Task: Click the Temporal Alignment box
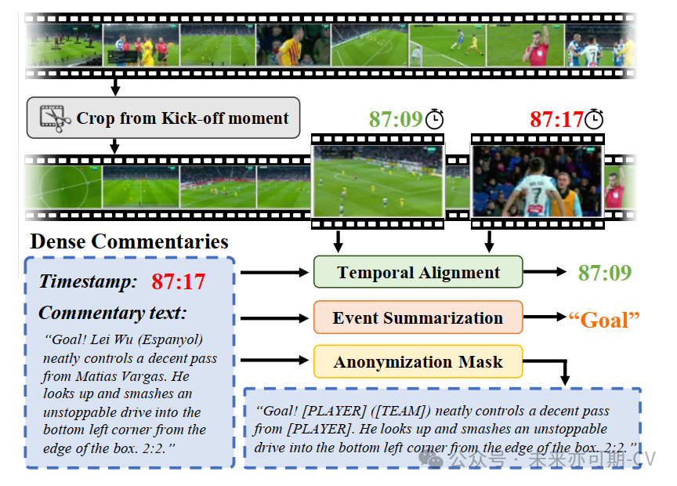(x=418, y=272)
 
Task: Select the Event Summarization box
(x=418, y=317)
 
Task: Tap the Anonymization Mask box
(x=418, y=361)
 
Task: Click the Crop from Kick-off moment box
(x=163, y=118)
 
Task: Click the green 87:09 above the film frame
(x=396, y=119)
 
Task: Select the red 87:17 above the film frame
(x=556, y=119)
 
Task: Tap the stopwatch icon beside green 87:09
(x=435, y=118)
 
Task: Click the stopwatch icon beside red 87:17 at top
(x=595, y=118)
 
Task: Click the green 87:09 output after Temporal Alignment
(x=605, y=272)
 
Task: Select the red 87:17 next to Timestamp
(x=179, y=281)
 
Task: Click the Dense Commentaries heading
(x=129, y=241)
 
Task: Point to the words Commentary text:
(x=113, y=313)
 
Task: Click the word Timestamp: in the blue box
(x=88, y=281)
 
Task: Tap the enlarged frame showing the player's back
(x=537, y=181)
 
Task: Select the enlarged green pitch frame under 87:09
(x=378, y=181)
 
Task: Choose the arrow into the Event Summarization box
(x=274, y=317)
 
